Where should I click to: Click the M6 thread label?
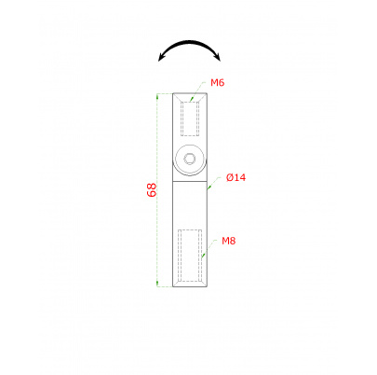pos(217,83)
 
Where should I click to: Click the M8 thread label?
pos(228,241)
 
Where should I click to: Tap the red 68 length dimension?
pos(152,189)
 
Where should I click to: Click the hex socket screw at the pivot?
pos(191,160)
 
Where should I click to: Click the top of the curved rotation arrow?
pos(191,42)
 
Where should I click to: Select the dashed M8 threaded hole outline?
pos(190,254)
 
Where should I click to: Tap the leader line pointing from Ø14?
pos(216,183)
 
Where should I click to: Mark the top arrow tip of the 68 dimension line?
pos(158,92)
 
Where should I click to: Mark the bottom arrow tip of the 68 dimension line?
pos(158,285)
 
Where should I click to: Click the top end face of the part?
pos(191,92)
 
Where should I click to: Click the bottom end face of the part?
pos(191,286)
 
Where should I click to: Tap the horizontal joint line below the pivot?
pos(191,184)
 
